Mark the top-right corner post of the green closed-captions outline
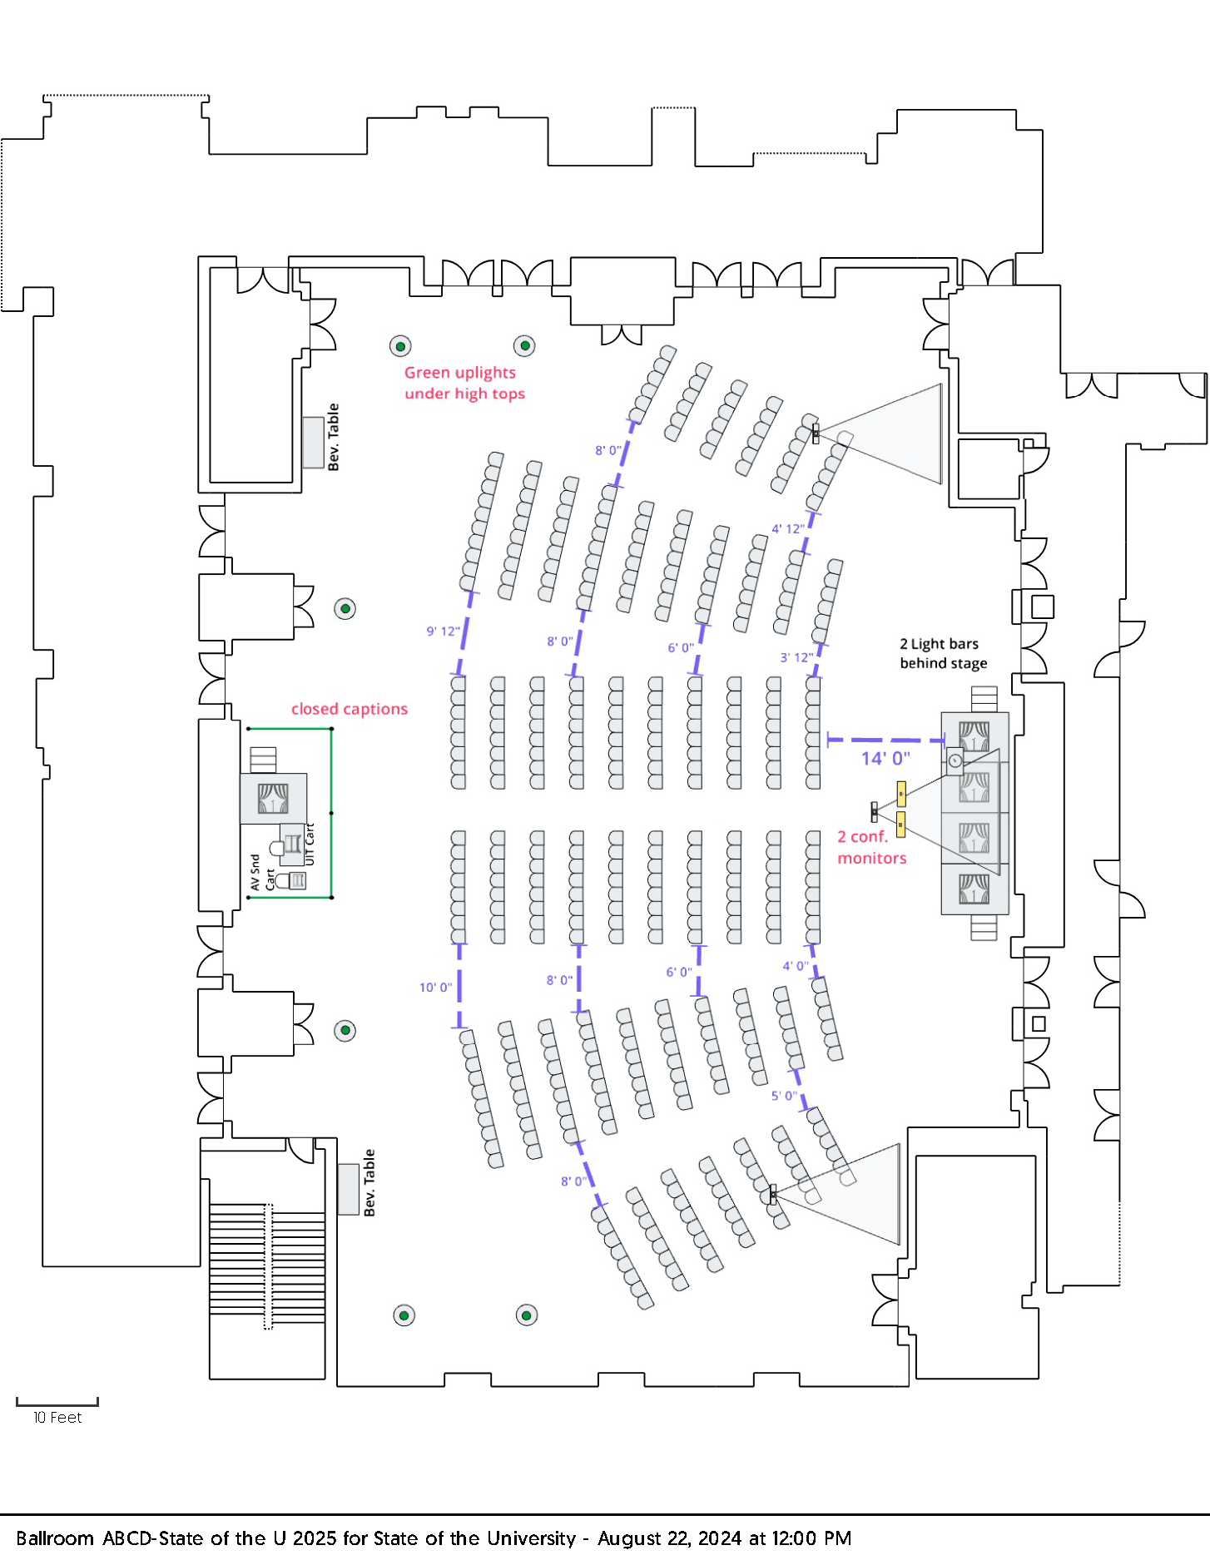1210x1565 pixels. (331, 729)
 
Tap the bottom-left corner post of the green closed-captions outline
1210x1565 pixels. (248, 898)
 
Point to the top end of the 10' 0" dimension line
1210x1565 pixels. (459, 945)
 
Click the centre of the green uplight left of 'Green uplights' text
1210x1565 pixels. (400, 346)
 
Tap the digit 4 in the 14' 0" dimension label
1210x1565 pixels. (876, 759)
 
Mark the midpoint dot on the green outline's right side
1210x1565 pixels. (331, 813)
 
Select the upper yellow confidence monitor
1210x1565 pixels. (901, 794)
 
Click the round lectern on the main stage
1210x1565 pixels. (955, 760)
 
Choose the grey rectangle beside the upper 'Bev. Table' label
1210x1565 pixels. (313, 443)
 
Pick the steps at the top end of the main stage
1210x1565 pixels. (984, 699)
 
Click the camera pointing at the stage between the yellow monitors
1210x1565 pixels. (874, 810)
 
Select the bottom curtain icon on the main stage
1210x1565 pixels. (974, 889)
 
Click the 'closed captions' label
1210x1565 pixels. (350, 709)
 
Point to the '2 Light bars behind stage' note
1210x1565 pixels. (943, 653)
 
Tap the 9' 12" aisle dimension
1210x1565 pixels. (443, 631)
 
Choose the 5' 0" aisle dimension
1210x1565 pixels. (783, 1096)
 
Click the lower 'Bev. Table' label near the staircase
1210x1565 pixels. (369, 1182)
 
